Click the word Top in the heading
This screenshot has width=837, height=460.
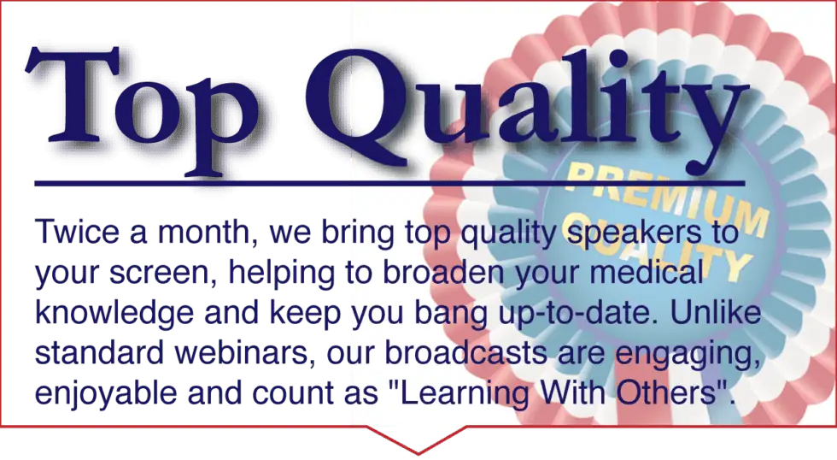[141, 109]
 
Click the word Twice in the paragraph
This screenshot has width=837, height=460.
[77, 233]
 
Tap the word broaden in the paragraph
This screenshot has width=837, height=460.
[442, 272]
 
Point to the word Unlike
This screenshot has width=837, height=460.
[716, 312]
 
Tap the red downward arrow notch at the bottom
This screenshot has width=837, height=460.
[417, 441]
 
